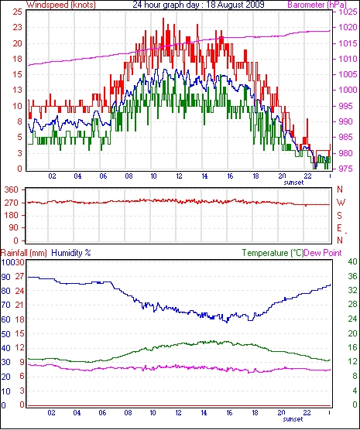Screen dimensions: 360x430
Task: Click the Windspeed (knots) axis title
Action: point(61,5)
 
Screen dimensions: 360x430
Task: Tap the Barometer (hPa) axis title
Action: point(317,5)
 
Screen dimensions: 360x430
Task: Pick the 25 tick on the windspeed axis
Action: point(17,12)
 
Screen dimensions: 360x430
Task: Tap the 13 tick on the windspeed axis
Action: point(17,90)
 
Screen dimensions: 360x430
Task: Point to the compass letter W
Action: point(341,203)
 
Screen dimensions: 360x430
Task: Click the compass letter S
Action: point(339,216)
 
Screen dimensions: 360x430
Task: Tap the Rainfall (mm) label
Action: point(24,253)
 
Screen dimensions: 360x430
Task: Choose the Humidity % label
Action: point(71,253)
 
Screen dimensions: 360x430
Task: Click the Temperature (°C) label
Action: point(273,253)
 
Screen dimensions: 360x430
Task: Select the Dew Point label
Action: point(323,253)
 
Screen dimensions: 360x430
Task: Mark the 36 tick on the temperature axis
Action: point(352,276)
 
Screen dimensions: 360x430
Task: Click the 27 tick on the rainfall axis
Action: point(19,276)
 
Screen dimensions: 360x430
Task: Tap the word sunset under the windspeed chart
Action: point(293,183)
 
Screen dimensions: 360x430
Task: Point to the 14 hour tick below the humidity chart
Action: point(204,412)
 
